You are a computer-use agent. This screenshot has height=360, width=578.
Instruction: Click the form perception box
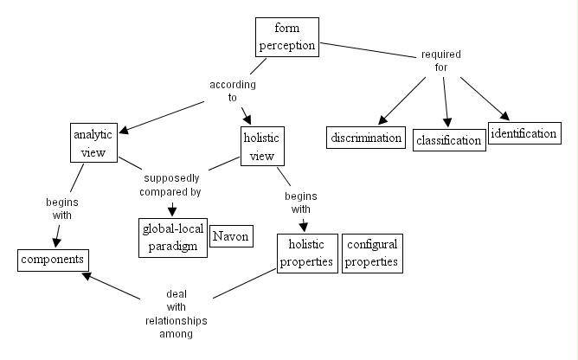click(x=286, y=37)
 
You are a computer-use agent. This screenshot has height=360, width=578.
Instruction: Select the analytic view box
click(x=93, y=144)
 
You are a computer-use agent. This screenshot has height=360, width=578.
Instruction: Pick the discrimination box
click(x=366, y=138)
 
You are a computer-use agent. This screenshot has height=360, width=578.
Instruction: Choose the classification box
click(x=447, y=139)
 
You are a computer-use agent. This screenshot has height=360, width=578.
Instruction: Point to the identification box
click(x=523, y=133)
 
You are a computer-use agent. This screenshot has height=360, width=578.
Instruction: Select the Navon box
click(x=230, y=236)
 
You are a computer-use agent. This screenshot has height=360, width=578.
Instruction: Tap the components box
click(x=54, y=259)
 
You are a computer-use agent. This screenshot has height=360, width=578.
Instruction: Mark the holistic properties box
click(x=306, y=253)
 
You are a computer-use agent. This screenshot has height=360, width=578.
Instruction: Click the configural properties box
click(x=371, y=253)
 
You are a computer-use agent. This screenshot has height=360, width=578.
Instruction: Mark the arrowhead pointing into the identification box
click(x=501, y=115)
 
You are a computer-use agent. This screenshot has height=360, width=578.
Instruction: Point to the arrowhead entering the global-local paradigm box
click(x=172, y=210)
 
